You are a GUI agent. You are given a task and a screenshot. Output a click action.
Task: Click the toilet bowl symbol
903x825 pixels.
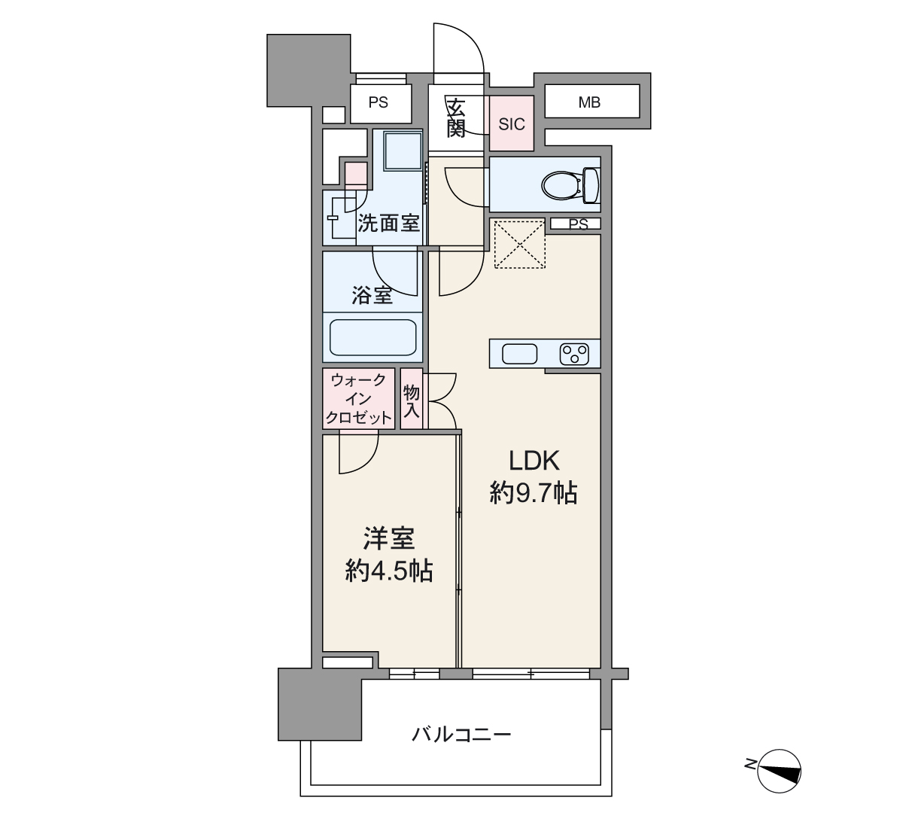pyautogui.click(x=571, y=185)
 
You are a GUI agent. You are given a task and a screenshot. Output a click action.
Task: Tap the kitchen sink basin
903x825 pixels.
pyautogui.click(x=519, y=354)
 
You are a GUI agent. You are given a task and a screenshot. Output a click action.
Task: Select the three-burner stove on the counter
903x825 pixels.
pyautogui.click(x=574, y=354)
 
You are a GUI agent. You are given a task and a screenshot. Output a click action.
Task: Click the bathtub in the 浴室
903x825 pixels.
pyautogui.click(x=372, y=337)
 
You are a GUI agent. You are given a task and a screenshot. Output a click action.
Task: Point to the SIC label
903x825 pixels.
pyautogui.click(x=512, y=124)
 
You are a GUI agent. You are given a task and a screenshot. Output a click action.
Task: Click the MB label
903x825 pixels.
pyautogui.click(x=589, y=102)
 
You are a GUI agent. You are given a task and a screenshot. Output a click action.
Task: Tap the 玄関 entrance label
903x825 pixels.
pyautogui.click(x=456, y=118)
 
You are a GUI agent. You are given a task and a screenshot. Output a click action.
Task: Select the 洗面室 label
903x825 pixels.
pyautogui.click(x=388, y=223)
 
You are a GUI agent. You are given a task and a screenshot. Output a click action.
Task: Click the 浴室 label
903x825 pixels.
pyautogui.click(x=372, y=295)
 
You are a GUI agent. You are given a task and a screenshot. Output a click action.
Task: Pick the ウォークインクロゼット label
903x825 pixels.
pyautogui.click(x=358, y=399)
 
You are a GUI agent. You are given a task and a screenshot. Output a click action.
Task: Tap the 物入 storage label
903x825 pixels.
pyautogui.click(x=412, y=400)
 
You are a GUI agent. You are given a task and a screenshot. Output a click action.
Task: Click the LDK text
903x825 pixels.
pyautogui.click(x=534, y=461)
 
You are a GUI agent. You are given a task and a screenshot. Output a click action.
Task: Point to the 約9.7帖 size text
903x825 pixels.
pyautogui.click(x=534, y=492)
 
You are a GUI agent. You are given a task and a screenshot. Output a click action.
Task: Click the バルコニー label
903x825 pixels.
pyautogui.click(x=462, y=735)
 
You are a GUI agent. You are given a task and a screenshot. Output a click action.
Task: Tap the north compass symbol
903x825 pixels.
pyautogui.click(x=779, y=771)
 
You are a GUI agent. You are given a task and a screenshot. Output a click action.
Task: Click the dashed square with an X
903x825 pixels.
pyautogui.click(x=520, y=244)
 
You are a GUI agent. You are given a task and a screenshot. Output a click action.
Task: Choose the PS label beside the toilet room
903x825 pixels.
pyautogui.click(x=579, y=224)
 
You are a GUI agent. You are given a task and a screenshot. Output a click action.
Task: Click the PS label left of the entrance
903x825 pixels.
pyautogui.click(x=378, y=102)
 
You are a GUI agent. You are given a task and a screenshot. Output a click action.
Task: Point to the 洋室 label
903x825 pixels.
pyautogui.click(x=389, y=538)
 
